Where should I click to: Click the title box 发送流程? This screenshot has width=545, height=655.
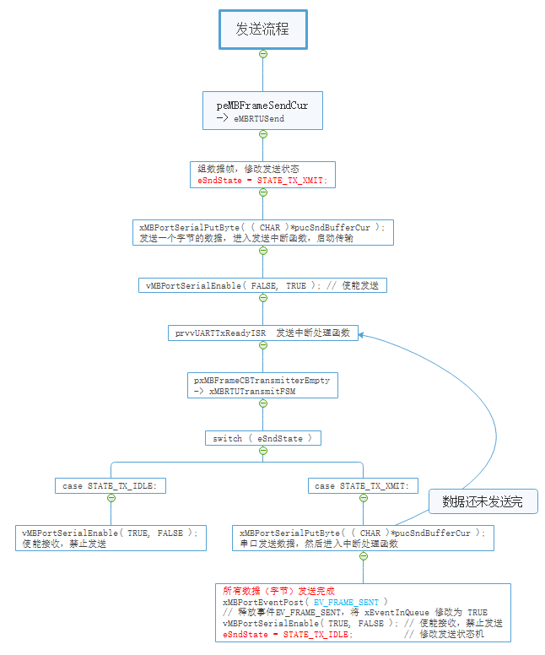(x=262, y=30)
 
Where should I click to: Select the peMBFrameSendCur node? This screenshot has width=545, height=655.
(x=262, y=111)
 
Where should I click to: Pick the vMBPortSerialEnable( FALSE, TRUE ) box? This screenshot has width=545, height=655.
(x=262, y=285)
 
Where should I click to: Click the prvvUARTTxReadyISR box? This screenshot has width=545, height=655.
(x=262, y=333)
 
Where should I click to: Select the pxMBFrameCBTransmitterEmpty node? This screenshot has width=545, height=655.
(x=262, y=386)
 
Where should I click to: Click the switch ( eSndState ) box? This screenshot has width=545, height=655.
(x=262, y=438)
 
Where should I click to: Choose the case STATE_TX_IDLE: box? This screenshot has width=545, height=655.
(x=111, y=485)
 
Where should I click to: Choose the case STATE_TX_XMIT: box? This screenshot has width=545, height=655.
(x=363, y=485)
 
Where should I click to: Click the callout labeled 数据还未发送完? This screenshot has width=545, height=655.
(x=483, y=501)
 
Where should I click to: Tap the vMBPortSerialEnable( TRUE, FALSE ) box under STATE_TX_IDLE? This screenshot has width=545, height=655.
(x=111, y=538)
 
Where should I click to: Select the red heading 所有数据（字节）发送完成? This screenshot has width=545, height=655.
(x=278, y=591)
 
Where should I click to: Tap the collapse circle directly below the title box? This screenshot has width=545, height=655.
(x=262, y=54)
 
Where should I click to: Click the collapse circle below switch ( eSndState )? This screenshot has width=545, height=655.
(x=262, y=451)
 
